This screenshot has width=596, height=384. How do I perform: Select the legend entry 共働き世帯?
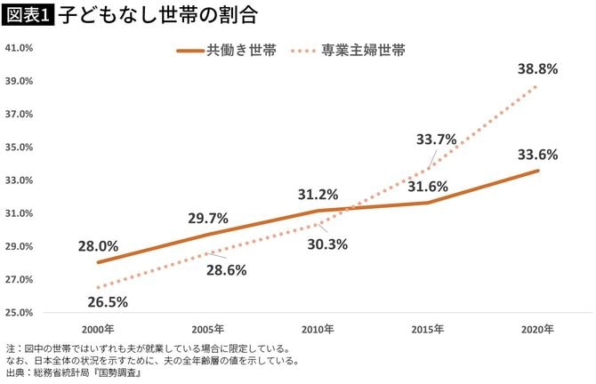[226, 51]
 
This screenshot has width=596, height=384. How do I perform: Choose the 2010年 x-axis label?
[318, 329]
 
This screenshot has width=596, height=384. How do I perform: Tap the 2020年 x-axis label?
[538, 329]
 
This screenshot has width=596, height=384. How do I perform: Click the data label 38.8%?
[538, 70]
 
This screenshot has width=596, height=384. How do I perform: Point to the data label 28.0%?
[98, 246]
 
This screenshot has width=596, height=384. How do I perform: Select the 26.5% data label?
[109, 301]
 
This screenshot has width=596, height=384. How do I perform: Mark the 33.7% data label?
[436, 139]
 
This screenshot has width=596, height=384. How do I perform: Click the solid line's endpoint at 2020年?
[538, 170]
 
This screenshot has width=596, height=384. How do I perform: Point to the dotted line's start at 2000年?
[97, 287]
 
